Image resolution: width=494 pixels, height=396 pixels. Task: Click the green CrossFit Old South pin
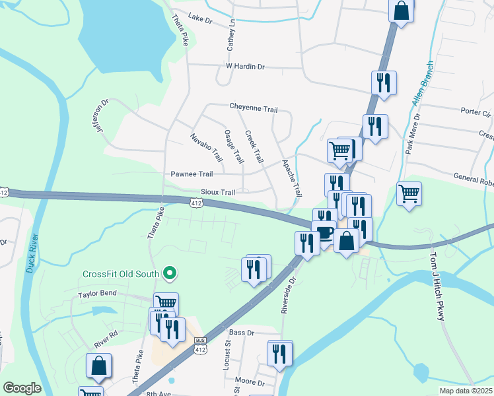(x=170, y=273)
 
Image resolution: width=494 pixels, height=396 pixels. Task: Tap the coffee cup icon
(x=324, y=233)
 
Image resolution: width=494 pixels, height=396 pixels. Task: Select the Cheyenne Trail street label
(x=253, y=108)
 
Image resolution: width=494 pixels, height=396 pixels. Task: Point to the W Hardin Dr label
(x=245, y=67)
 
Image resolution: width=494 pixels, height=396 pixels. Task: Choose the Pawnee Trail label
(x=192, y=174)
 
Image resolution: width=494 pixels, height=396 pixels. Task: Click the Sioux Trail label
(x=218, y=192)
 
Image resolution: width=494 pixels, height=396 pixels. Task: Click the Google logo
(x=22, y=388)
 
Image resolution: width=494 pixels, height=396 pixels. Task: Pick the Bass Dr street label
(x=242, y=333)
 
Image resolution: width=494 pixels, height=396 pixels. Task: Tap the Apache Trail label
(x=291, y=178)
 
